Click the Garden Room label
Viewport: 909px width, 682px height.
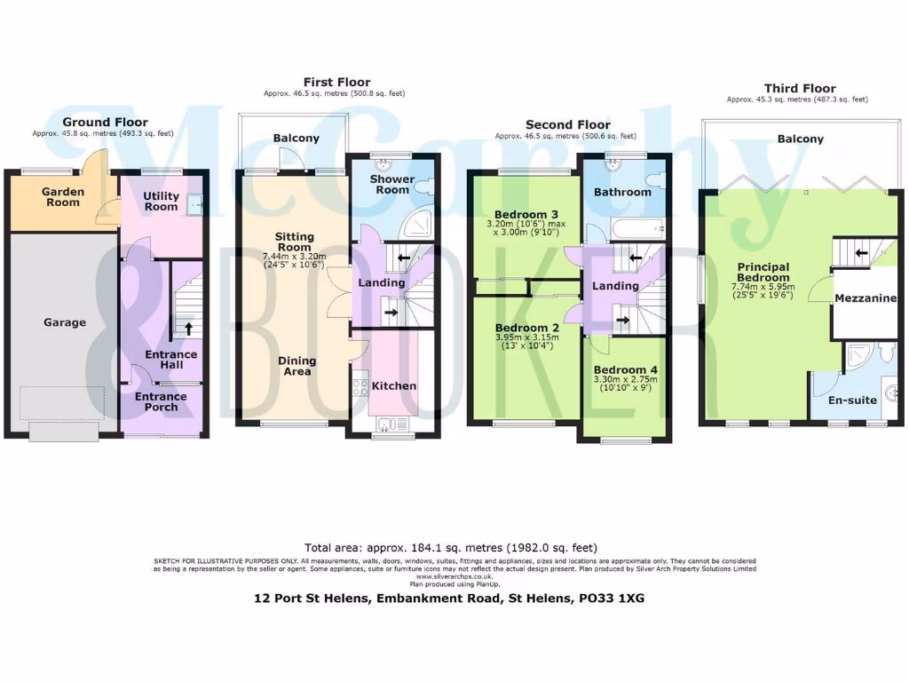[63, 196]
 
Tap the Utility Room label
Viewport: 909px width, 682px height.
[162, 202]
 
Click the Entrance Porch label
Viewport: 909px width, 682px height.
[161, 402]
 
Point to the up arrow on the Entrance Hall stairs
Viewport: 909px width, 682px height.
[188, 328]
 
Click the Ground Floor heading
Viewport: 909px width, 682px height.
[105, 123]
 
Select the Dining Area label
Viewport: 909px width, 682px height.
[296, 366]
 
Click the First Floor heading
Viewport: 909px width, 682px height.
[336, 83]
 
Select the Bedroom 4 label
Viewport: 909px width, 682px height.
[620, 369]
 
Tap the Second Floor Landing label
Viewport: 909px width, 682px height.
[615, 286]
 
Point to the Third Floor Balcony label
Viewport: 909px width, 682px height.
[800, 139]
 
